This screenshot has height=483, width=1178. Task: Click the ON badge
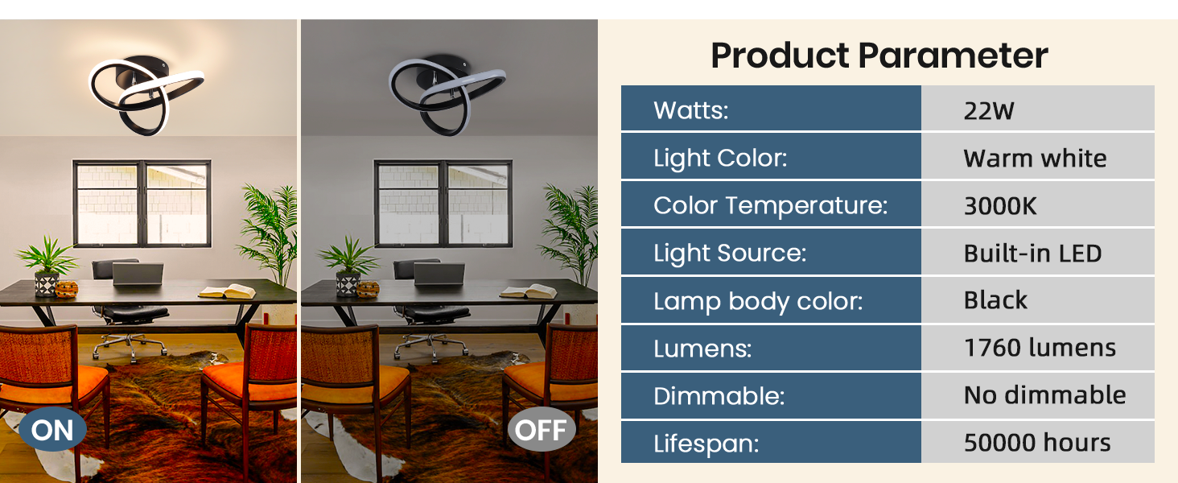point(52,429)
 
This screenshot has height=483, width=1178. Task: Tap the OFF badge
point(542,429)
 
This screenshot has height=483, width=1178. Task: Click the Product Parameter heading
point(879,56)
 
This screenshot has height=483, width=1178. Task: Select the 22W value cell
point(1037,109)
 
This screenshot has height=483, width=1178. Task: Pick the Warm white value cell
point(1037,156)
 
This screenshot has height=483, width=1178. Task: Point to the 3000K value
point(999,206)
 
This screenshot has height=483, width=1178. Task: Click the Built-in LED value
point(1032,254)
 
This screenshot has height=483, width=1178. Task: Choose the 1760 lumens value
point(1040,348)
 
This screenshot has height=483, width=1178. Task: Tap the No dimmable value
point(1044,395)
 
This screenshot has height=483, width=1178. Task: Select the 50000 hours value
point(1037,443)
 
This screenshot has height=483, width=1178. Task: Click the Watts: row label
point(691,110)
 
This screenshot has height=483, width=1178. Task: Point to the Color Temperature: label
point(770,206)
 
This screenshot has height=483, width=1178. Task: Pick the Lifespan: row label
point(706,444)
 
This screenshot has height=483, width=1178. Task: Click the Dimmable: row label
point(719,396)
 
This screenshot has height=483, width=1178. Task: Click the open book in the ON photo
point(227,291)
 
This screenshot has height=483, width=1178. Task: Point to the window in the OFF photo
point(443,204)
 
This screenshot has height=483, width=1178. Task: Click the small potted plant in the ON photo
point(47,266)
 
